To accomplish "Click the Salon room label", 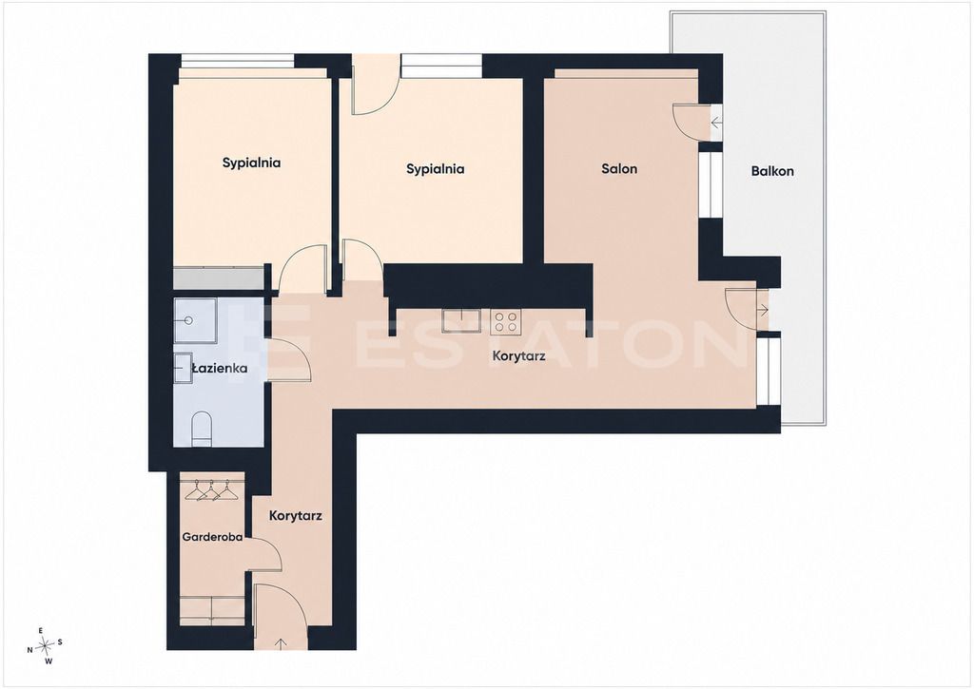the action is pos(619,169).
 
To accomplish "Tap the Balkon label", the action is pos(772,171).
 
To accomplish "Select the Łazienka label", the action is pos(219,369).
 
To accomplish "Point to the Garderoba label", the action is pos(212,537).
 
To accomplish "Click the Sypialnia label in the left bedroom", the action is pos(251,163).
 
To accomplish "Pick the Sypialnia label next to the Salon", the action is pos(436,169).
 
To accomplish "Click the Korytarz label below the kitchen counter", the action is pos(518,356).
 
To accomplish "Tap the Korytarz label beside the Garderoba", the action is pos(296,516).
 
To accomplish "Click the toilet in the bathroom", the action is pos(202,430).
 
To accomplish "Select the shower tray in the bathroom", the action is pos(195,320).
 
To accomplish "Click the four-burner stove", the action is pos(505,321).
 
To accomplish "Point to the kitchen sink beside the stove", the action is pos(461,320).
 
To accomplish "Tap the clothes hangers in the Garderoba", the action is pos(212,490).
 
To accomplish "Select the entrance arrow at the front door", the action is pos(281,642).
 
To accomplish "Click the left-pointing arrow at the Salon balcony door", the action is pos(716,123).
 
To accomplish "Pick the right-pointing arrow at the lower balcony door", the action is pos(763,309).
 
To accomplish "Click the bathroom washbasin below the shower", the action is pos(184,368).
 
